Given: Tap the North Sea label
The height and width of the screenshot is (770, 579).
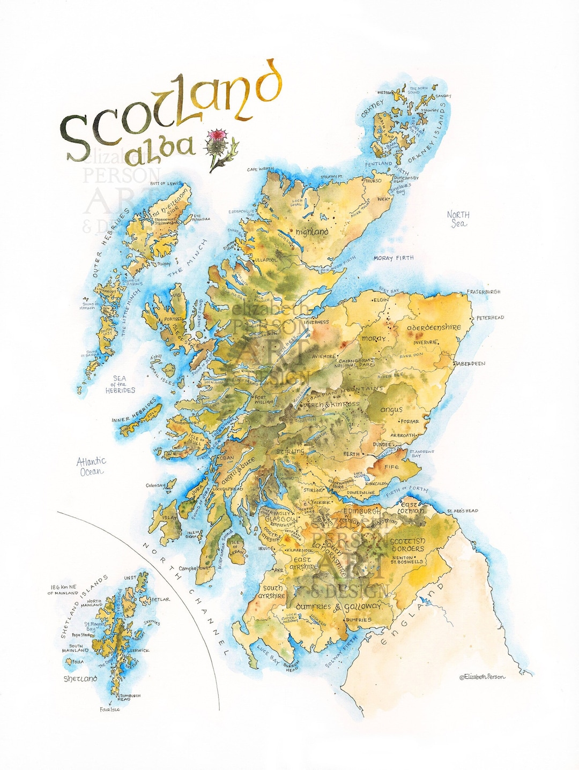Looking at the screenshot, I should point(458,219).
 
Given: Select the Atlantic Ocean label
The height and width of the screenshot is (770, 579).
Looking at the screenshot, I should point(91,466).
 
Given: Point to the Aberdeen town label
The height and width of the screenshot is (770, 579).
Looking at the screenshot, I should point(470,364).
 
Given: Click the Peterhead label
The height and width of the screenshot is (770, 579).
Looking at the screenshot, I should point(490,318).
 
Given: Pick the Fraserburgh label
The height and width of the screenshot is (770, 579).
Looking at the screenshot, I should point(483,292).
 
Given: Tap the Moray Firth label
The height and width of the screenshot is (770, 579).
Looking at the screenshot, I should point(394,258).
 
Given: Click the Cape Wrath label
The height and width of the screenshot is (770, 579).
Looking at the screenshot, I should point(260,169).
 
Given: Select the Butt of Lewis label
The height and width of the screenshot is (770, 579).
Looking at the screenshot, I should point(165,184).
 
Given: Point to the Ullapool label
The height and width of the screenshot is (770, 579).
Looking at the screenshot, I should point(266,260).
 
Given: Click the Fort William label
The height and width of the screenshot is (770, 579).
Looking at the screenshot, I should point(263,399).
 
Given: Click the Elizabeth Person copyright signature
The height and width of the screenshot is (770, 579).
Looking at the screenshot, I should point(482,677).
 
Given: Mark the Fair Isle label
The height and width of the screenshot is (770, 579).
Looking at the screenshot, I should point(110,709).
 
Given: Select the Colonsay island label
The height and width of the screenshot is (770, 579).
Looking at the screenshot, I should point(155,486).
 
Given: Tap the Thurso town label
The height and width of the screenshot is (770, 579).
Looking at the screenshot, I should point(373,181).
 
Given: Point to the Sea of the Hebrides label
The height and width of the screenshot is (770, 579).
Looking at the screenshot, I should point(120,385).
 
